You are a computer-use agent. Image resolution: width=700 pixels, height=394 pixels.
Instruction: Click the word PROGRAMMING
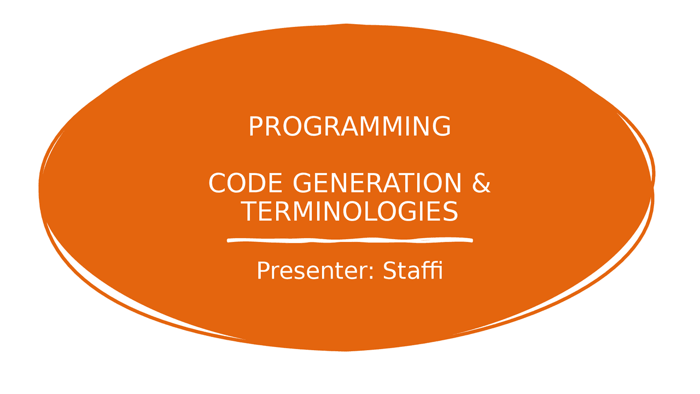[x=349, y=126]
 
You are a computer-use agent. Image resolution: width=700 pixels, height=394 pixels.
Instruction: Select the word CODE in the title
[x=246, y=183]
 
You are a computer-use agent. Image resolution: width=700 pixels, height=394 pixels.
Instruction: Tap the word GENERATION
[x=377, y=183]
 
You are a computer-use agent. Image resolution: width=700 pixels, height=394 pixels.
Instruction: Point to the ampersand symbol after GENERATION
[x=481, y=183]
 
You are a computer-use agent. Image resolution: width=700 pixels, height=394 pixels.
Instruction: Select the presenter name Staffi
[x=413, y=270]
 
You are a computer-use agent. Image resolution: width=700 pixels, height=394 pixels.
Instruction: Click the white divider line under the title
[x=349, y=240]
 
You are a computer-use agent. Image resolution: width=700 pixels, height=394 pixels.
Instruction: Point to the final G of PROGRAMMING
[x=441, y=126]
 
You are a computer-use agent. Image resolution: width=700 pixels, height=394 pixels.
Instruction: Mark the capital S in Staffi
[x=390, y=270]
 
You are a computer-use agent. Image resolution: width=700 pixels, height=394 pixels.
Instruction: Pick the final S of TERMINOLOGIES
[x=451, y=211]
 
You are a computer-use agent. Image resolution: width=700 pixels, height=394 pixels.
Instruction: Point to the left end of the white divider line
[x=227, y=240]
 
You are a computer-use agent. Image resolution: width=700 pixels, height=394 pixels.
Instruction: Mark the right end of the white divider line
[x=472, y=240]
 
